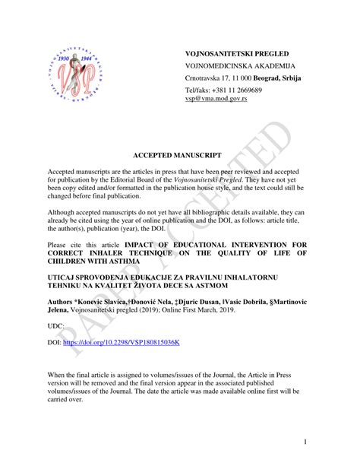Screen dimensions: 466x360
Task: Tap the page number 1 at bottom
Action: click(304, 442)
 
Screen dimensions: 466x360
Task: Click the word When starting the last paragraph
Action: click(58, 376)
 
